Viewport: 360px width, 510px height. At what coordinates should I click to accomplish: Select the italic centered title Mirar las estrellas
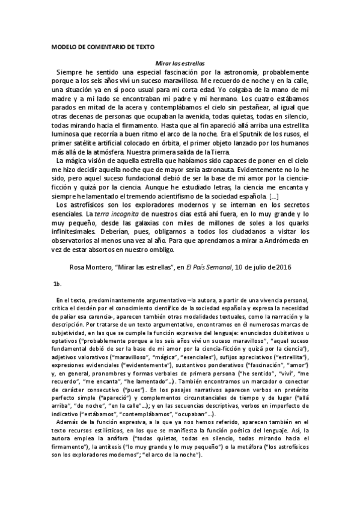pos(180,62)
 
